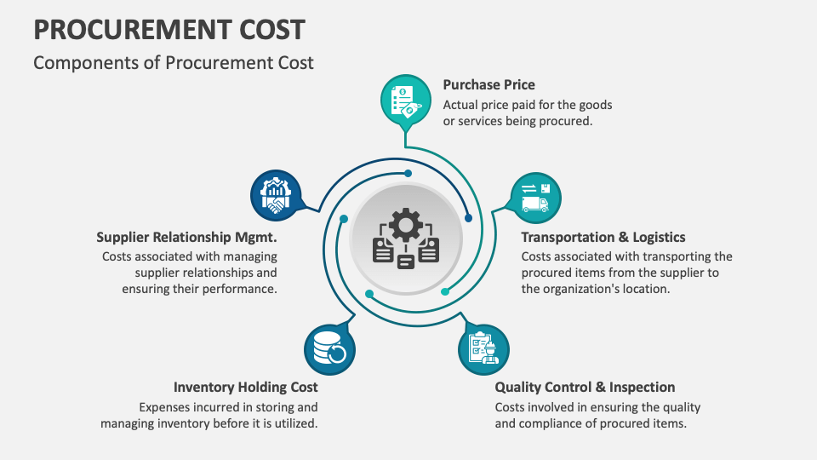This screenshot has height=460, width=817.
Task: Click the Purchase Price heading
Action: point(488,85)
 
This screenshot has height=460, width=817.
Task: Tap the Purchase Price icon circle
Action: point(404,100)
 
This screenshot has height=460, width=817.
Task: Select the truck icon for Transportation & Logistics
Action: point(535,197)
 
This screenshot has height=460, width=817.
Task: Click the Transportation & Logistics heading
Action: point(603,237)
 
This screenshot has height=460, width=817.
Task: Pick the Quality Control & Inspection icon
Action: point(483,348)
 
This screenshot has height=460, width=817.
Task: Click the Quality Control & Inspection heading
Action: point(585,387)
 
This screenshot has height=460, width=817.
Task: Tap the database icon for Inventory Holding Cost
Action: point(329,348)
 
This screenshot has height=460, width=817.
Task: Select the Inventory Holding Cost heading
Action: point(245,387)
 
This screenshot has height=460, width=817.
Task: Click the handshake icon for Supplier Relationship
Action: point(276,195)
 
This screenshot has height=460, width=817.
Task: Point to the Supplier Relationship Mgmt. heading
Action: point(186,237)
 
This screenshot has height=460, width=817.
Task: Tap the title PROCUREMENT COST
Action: point(169,30)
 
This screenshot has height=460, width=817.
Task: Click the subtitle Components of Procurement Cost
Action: point(174,62)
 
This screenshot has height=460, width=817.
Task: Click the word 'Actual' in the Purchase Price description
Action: point(460,105)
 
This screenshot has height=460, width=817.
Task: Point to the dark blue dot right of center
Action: point(468,218)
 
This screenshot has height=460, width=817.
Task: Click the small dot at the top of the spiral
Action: point(408,173)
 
